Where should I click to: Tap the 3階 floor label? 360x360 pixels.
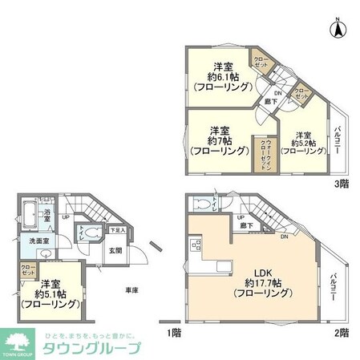342,183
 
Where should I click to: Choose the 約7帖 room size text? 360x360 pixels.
215,140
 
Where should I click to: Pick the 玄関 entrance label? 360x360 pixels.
115,250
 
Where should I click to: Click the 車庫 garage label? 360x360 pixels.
131,289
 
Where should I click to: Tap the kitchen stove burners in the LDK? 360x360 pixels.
194,244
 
